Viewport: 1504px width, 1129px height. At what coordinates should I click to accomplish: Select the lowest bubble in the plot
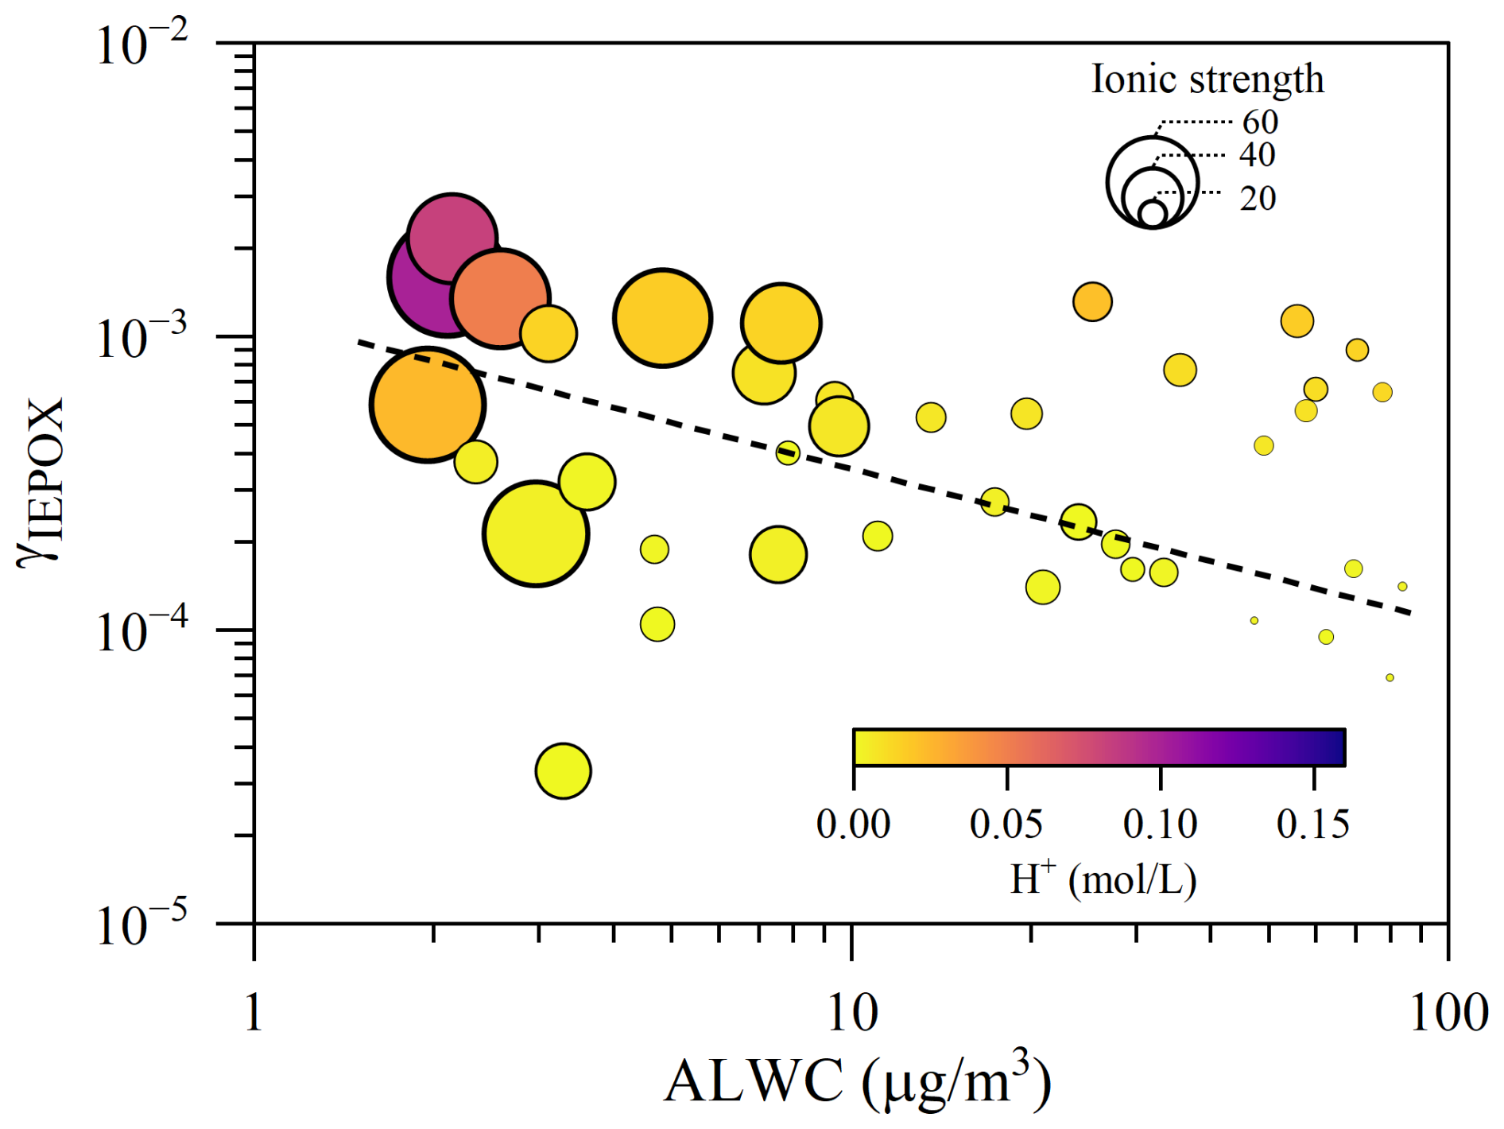click(x=563, y=770)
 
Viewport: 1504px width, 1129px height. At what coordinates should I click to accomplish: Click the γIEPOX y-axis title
click(x=40, y=482)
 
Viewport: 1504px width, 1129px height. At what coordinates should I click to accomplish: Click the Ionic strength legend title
click(x=1207, y=79)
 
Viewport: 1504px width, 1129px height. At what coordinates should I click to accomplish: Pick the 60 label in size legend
click(x=1260, y=122)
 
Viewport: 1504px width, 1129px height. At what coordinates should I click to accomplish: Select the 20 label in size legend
click(x=1258, y=198)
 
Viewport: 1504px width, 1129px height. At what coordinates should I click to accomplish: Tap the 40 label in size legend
click(x=1257, y=155)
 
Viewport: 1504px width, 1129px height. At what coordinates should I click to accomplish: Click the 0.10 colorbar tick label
click(x=1160, y=824)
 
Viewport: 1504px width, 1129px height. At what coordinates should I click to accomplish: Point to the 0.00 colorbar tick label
click(x=853, y=824)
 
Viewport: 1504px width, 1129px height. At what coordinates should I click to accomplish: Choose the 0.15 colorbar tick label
click(x=1313, y=824)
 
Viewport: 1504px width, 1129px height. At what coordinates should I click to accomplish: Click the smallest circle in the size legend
click(x=1152, y=213)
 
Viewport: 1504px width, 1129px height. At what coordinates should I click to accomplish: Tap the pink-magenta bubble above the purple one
click(x=452, y=236)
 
